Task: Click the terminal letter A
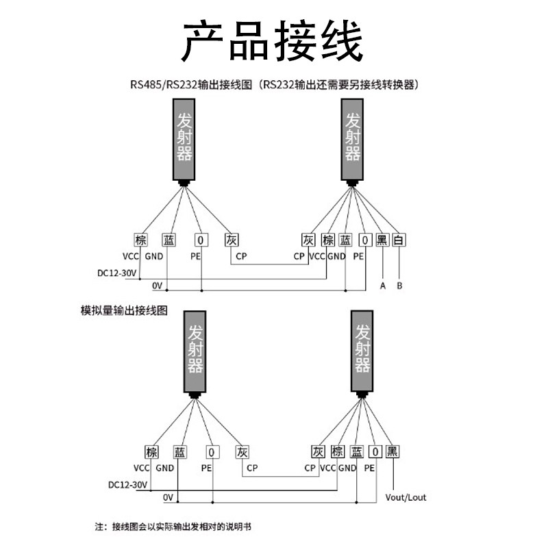(382, 286)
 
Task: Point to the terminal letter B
(399, 286)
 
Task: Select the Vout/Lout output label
(406, 497)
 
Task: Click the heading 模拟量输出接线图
(124, 310)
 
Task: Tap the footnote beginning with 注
(173, 527)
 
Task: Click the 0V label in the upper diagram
(157, 285)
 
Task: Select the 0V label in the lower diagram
(169, 497)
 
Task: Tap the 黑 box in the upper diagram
(382, 240)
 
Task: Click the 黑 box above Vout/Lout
(393, 452)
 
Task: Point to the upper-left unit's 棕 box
(140, 240)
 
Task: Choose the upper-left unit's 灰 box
(232, 240)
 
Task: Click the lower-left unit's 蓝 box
(179, 452)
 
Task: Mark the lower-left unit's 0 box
(212, 452)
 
